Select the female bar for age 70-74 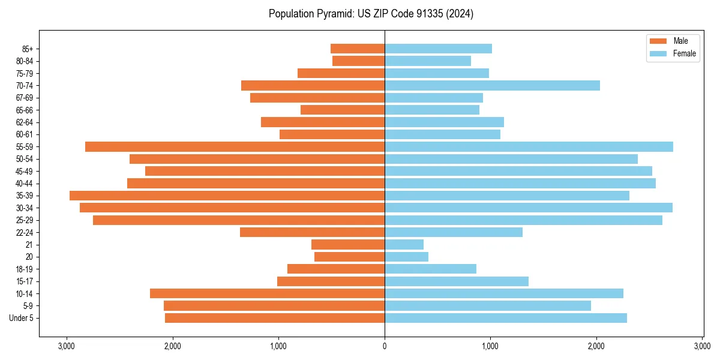(492, 85)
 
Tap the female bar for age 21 (404, 244)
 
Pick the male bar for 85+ (358, 49)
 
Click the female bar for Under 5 (505, 318)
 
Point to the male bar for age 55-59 (235, 146)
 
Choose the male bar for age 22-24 (312, 232)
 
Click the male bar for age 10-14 (267, 293)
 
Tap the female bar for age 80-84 (427, 61)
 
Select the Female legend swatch (658, 53)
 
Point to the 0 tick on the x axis (385, 346)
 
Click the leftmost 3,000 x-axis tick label (67, 346)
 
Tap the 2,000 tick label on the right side (596, 346)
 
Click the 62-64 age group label (24, 122)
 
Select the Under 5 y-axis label (22, 318)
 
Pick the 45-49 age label (24, 171)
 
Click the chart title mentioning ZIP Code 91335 (371, 13)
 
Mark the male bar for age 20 (349, 257)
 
